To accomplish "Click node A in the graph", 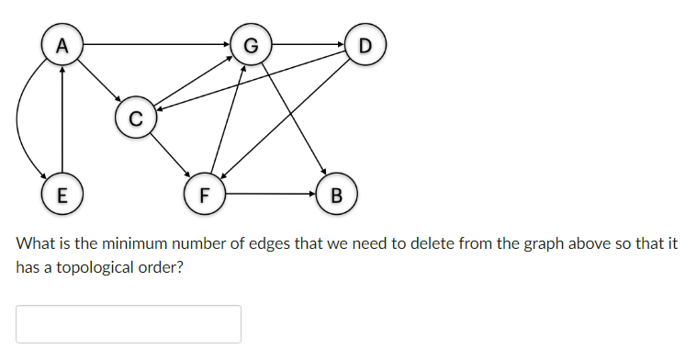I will tap(62, 44).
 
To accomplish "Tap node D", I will tap(366, 44).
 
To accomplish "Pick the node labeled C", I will tap(136, 118).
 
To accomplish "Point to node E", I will tap(62, 195).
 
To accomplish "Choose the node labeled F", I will tap(204, 195).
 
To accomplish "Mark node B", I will tap(335, 195).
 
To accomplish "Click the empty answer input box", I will tap(129, 324).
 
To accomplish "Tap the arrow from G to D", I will tap(309, 44).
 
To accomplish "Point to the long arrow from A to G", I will tap(156, 44).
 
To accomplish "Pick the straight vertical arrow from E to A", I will tap(62, 119).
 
